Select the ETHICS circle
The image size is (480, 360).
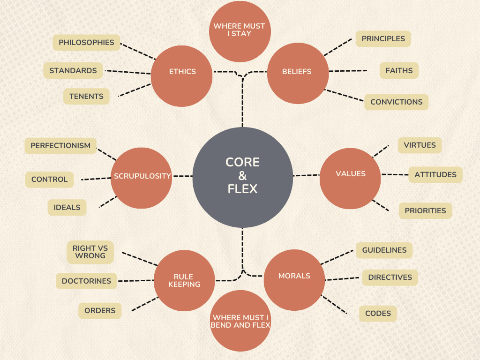pyautogui.click(x=182, y=72)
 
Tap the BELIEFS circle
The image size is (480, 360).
pyautogui.click(x=297, y=72)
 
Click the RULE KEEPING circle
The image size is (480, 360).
pyautogui.click(x=184, y=280)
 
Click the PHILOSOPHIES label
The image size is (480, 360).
pyautogui.click(x=86, y=43)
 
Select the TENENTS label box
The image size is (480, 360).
pyautogui.click(x=86, y=97)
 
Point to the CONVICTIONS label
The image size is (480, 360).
pyautogui.click(x=396, y=102)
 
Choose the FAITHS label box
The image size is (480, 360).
pyautogui.click(x=399, y=71)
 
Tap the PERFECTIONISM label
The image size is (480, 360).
pyautogui.click(x=60, y=146)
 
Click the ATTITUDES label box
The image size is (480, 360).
pyautogui.click(x=435, y=175)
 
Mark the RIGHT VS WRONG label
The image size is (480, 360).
pyautogui.click(x=90, y=252)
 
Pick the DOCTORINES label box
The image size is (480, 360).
pyautogui.click(x=86, y=281)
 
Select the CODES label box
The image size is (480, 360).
pyautogui.click(x=378, y=314)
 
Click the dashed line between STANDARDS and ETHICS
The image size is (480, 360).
pyautogui.click(x=128, y=72)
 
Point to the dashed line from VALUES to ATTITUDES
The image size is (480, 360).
pyautogui.click(x=394, y=174)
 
